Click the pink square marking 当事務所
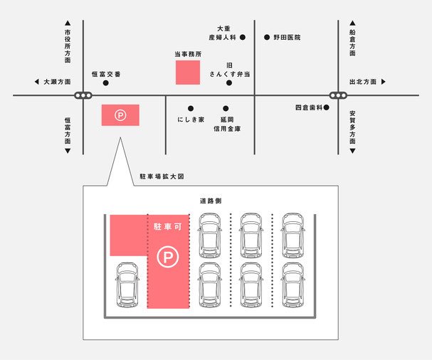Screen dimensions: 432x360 188,73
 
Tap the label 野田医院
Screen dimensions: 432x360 287,37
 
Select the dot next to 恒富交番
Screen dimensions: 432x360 106,83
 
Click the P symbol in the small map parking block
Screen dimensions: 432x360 120,115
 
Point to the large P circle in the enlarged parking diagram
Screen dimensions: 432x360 168,257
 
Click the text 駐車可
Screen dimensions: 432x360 168,227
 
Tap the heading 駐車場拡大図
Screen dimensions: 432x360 162,176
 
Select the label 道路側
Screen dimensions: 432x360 211,201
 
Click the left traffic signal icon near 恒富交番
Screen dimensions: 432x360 83,95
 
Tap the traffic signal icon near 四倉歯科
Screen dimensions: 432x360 338,95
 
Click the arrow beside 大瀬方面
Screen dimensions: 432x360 36,82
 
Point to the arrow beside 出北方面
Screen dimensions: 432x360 383,82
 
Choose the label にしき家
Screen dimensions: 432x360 191,120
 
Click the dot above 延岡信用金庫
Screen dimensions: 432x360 226,108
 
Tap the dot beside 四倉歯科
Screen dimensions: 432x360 326,107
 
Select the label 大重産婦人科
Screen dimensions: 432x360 223,33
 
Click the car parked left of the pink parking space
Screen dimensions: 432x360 127,285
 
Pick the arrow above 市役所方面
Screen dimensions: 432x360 68,23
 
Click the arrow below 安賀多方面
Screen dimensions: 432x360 352,151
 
